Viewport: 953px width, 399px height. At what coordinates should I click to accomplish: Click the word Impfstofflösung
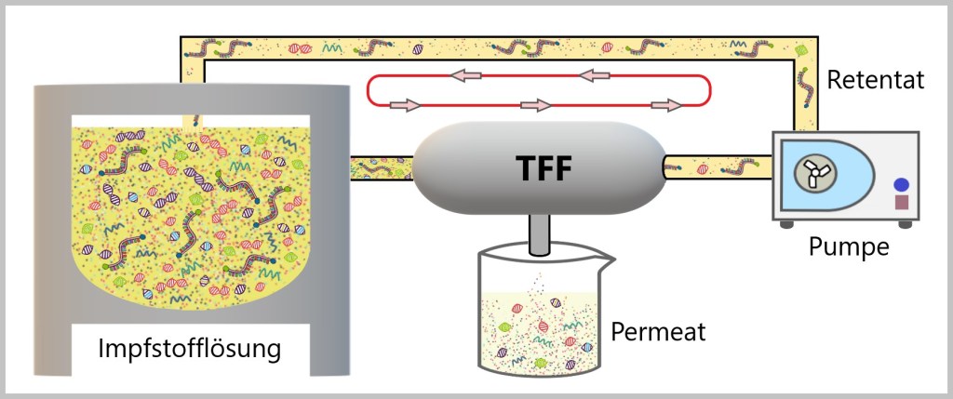coord(190,350)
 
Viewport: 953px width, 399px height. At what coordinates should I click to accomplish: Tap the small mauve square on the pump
coord(901,201)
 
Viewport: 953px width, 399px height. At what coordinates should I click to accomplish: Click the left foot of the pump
coord(786,224)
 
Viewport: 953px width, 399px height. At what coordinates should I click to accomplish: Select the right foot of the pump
coord(904,224)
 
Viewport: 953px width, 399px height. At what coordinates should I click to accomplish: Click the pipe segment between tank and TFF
coord(381,167)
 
